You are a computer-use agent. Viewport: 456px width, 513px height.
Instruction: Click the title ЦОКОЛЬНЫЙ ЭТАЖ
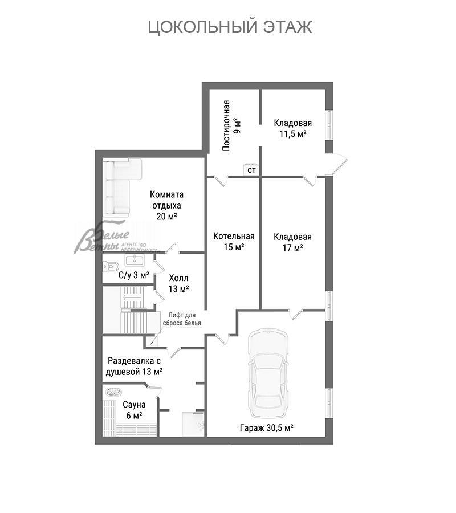[230, 27]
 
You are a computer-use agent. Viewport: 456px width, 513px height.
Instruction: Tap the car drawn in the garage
[268, 373]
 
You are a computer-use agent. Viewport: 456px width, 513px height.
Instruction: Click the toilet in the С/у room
[110, 267]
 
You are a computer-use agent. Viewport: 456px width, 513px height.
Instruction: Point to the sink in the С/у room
[134, 260]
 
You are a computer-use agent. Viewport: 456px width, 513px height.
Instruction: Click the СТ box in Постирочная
[251, 169]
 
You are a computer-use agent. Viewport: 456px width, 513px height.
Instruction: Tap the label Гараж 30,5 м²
[267, 427]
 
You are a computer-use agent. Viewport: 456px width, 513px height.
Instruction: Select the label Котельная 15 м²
[234, 242]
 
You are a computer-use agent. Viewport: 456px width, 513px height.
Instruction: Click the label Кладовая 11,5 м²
[293, 128]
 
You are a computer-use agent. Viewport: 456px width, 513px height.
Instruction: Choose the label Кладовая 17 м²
[293, 242]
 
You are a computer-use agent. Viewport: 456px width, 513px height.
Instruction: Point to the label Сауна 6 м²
[134, 410]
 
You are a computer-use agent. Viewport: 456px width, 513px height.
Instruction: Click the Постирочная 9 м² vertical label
[231, 125]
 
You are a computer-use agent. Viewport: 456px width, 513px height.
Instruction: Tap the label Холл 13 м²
[178, 283]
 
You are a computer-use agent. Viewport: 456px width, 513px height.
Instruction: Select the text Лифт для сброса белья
[182, 319]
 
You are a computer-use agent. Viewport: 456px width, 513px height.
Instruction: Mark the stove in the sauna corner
[112, 392]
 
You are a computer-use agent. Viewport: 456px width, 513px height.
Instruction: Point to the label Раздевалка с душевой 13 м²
[134, 367]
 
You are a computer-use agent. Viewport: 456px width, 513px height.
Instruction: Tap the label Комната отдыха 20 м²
[167, 205]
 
